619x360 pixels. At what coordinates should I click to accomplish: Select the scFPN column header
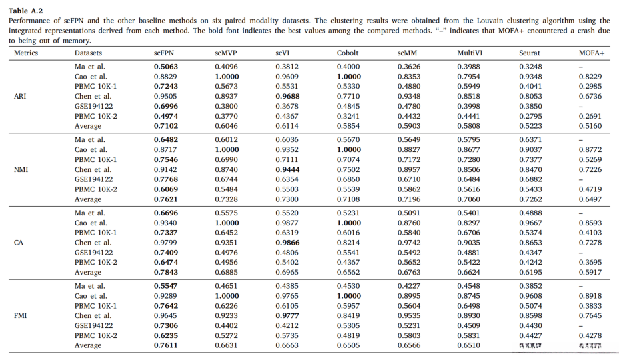point(165,53)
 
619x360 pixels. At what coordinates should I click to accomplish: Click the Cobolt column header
point(348,53)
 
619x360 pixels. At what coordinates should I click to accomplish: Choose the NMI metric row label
point(21,169)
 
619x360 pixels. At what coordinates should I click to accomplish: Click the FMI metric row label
point(20,315)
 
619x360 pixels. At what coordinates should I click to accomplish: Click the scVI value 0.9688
point(287,95)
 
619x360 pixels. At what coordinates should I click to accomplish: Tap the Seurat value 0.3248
point(531,67)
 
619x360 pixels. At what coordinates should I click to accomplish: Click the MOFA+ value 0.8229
point(590,77)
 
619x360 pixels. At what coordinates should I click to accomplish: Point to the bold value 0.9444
point(287,169)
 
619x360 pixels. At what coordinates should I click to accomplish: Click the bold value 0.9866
point(287,243)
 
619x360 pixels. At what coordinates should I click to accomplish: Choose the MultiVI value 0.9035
point(470,243)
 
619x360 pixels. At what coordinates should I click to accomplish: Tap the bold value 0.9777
point(287,316)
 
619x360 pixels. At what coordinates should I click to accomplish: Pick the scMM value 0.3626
point(409,67)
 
